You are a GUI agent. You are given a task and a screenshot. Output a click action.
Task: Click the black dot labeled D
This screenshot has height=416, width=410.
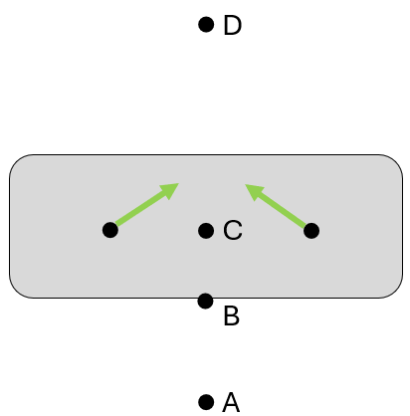tap(206, 25)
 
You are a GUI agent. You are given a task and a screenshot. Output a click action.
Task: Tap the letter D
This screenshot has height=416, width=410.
tap(233, 25)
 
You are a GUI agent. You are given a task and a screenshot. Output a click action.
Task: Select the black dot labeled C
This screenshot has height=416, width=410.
tap(206, 231)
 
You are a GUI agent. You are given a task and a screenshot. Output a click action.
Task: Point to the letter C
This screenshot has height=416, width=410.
tap(233, 230)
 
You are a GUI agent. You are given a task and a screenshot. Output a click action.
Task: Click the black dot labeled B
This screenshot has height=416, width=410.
tap(206, 301)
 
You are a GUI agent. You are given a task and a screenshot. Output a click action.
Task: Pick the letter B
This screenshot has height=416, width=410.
tap(231, 315)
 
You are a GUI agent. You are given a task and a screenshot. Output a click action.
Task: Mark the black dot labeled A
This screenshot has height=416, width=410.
tap(206, 402)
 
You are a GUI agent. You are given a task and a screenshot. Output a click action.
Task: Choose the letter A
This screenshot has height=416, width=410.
tap(231, 402)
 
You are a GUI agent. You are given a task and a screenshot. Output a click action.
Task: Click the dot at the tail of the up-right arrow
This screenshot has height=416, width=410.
tap(110, 230)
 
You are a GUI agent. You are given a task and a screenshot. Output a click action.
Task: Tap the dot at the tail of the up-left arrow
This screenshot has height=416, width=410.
tap(311, 231)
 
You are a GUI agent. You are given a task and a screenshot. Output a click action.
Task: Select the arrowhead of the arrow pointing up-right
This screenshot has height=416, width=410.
tap(171, 190)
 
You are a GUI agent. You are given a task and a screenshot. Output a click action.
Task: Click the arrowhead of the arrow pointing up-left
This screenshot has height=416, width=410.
tap(253, 191)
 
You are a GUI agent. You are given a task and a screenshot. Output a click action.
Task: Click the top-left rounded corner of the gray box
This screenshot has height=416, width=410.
tap(16, 161)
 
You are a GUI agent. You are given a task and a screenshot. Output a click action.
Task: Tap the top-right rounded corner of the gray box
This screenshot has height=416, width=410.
tap(396, 161)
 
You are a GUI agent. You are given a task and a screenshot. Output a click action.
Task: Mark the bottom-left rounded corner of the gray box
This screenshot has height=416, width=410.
tap(16, 291)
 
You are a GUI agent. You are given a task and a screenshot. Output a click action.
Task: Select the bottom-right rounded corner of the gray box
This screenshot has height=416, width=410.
tap(396, 291)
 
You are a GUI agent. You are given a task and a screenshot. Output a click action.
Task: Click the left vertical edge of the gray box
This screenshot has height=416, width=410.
tap(10, 226)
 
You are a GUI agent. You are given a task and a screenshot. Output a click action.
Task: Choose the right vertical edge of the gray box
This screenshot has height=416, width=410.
tap(403, 226)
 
